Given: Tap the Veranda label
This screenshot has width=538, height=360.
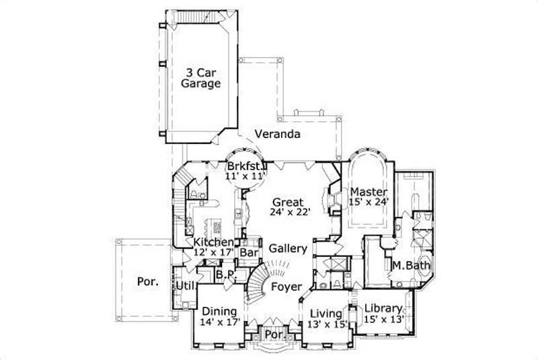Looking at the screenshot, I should click(276, 134).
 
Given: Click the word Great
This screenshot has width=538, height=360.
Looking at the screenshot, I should click(289, 202).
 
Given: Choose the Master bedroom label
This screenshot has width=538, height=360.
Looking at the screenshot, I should click(368, 192).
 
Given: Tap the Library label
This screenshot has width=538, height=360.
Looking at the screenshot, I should click(383, 308).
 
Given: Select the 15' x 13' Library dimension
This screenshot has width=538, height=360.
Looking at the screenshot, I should click(383, 320).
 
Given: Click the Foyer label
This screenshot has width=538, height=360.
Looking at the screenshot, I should click(286, 287).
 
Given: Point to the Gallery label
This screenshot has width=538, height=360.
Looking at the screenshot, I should click(288, 248).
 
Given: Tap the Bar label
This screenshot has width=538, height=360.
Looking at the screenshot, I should click(249, 252).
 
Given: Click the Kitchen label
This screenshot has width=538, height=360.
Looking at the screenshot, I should click(214, 242).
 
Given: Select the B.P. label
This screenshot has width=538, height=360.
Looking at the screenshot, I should click(224, 275).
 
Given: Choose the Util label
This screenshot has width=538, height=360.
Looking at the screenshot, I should click(184, 287).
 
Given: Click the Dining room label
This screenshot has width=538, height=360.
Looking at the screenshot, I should click(219, 311).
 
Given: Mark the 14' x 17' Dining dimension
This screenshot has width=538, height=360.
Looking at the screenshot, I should click(219, 322).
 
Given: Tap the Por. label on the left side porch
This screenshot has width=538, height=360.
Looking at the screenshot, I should click(148, 282).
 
